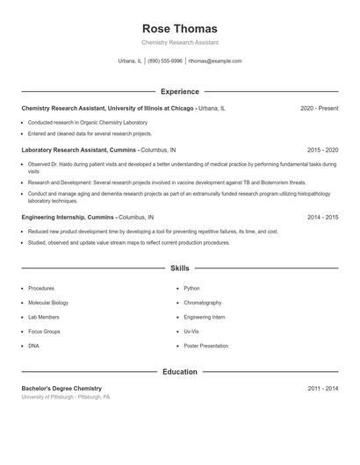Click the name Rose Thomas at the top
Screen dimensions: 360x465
coord(179,29)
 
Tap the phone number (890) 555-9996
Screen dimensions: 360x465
coord(165,61)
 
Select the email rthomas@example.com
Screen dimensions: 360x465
coord(215,61)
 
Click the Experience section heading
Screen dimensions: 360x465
coord(179,91)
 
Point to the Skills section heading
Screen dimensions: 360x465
coord(179,268)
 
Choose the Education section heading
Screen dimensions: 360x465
coord(179,372)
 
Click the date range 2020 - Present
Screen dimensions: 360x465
coord(319,108)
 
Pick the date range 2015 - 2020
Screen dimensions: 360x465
coord(322,150)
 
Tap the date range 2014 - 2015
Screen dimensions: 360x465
coord(322,216)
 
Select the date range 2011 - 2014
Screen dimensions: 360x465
coord(322,388)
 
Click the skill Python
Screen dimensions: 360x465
coord(191,289)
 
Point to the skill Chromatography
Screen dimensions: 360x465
coord(203,303)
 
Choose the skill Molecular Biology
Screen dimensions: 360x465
coord(48,303)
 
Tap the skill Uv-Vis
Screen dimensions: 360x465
coord(192,332)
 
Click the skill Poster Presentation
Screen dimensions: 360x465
coord(206,346)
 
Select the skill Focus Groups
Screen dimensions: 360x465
coord(44,332)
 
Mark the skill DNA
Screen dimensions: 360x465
coord(34,346)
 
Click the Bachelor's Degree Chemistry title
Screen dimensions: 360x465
coord(61,388)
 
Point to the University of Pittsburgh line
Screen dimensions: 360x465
coord(66,397)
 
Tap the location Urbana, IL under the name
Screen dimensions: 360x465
coord(130,61)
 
